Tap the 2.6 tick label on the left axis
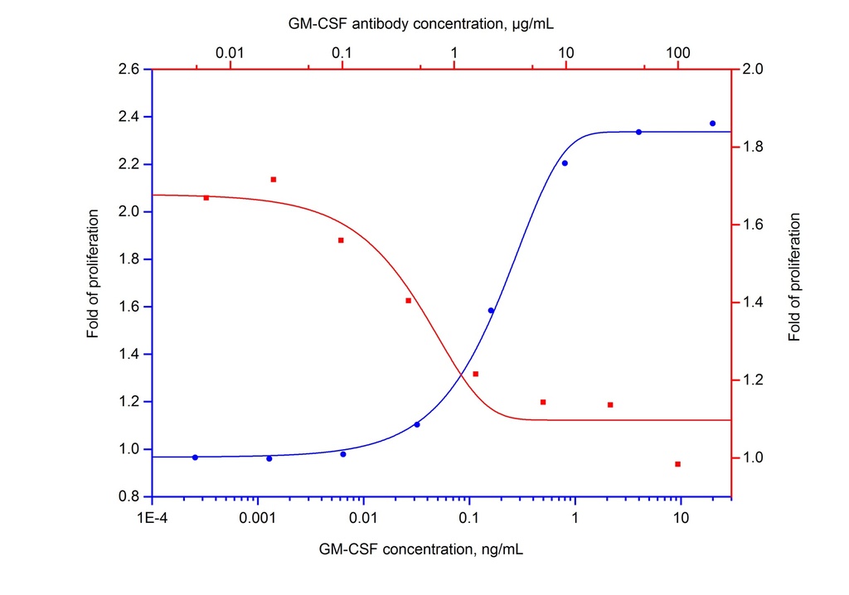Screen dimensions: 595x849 (x=129, y=69)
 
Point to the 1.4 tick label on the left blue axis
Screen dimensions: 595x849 (x=129, y=355)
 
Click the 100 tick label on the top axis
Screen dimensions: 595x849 (x=678, y=53)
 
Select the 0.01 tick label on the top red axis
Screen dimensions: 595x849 (x=230, y=53)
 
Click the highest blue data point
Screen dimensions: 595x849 (x=712, y=123)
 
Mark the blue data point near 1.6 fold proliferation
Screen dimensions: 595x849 (x=491, y=311)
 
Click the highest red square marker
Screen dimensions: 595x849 (x=274, y=179)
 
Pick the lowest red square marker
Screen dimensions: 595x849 (x=677, y=464)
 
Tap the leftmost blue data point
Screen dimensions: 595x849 (x=195, y=457)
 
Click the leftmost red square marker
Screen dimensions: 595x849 (x=206, y=197)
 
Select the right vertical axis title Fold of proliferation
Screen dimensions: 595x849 (x=796, y=277)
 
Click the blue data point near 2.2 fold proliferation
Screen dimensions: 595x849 (x=565, y=163)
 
